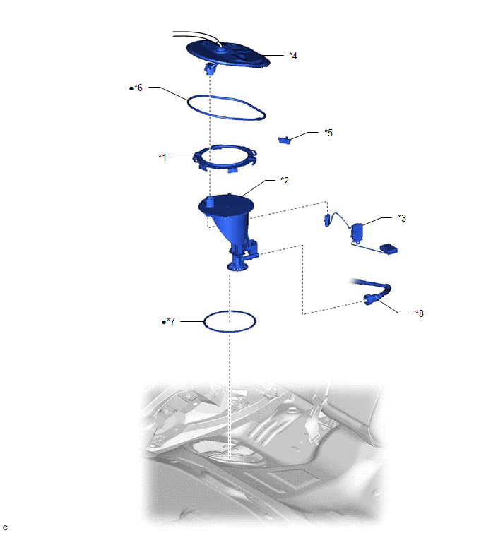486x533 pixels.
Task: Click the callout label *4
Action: coord(293,56)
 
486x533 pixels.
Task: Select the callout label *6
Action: coord(138,88)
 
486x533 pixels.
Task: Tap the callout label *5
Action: coord(328,133)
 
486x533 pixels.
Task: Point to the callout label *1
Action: coord(162,157)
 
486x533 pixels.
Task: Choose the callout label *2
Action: coord(285,181)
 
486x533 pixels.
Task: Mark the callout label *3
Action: coord(402,218)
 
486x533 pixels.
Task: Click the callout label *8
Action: coord(420,313)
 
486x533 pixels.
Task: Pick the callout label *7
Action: coord(171,321)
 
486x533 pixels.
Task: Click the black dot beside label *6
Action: coord(131,89)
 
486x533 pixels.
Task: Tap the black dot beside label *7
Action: coord(164,322)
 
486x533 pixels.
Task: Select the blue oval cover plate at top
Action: coord(228,54)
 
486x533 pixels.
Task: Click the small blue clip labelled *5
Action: coord(284,140)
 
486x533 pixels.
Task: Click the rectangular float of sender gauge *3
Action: coord(388,248)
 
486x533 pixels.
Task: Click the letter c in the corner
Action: coord(5,527)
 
